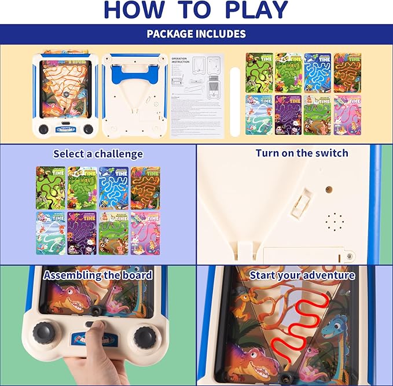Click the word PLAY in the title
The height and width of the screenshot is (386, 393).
(x=255, y=10)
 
